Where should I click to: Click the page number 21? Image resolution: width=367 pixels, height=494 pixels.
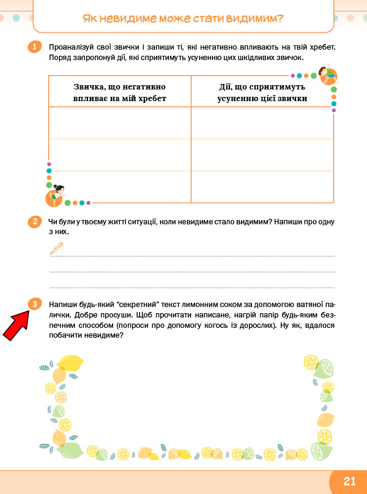pos(349,482)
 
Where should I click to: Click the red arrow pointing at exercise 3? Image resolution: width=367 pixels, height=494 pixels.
pos(17,324)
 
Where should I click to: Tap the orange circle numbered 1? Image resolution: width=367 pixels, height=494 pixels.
pos(35,47)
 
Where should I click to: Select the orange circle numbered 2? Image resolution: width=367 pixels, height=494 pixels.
pos(35,222)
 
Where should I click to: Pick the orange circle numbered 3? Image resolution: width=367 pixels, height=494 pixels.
pos(35,304)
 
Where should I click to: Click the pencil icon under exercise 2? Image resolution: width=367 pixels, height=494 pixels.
pos(56,248)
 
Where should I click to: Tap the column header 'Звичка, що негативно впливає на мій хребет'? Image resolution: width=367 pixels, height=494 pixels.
pos(120,93)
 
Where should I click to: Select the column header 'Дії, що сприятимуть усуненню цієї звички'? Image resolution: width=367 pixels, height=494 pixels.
pos(262,93)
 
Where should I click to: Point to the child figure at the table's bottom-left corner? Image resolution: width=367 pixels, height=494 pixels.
pos(55,194)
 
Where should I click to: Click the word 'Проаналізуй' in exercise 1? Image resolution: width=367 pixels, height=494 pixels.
pos(70,47)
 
